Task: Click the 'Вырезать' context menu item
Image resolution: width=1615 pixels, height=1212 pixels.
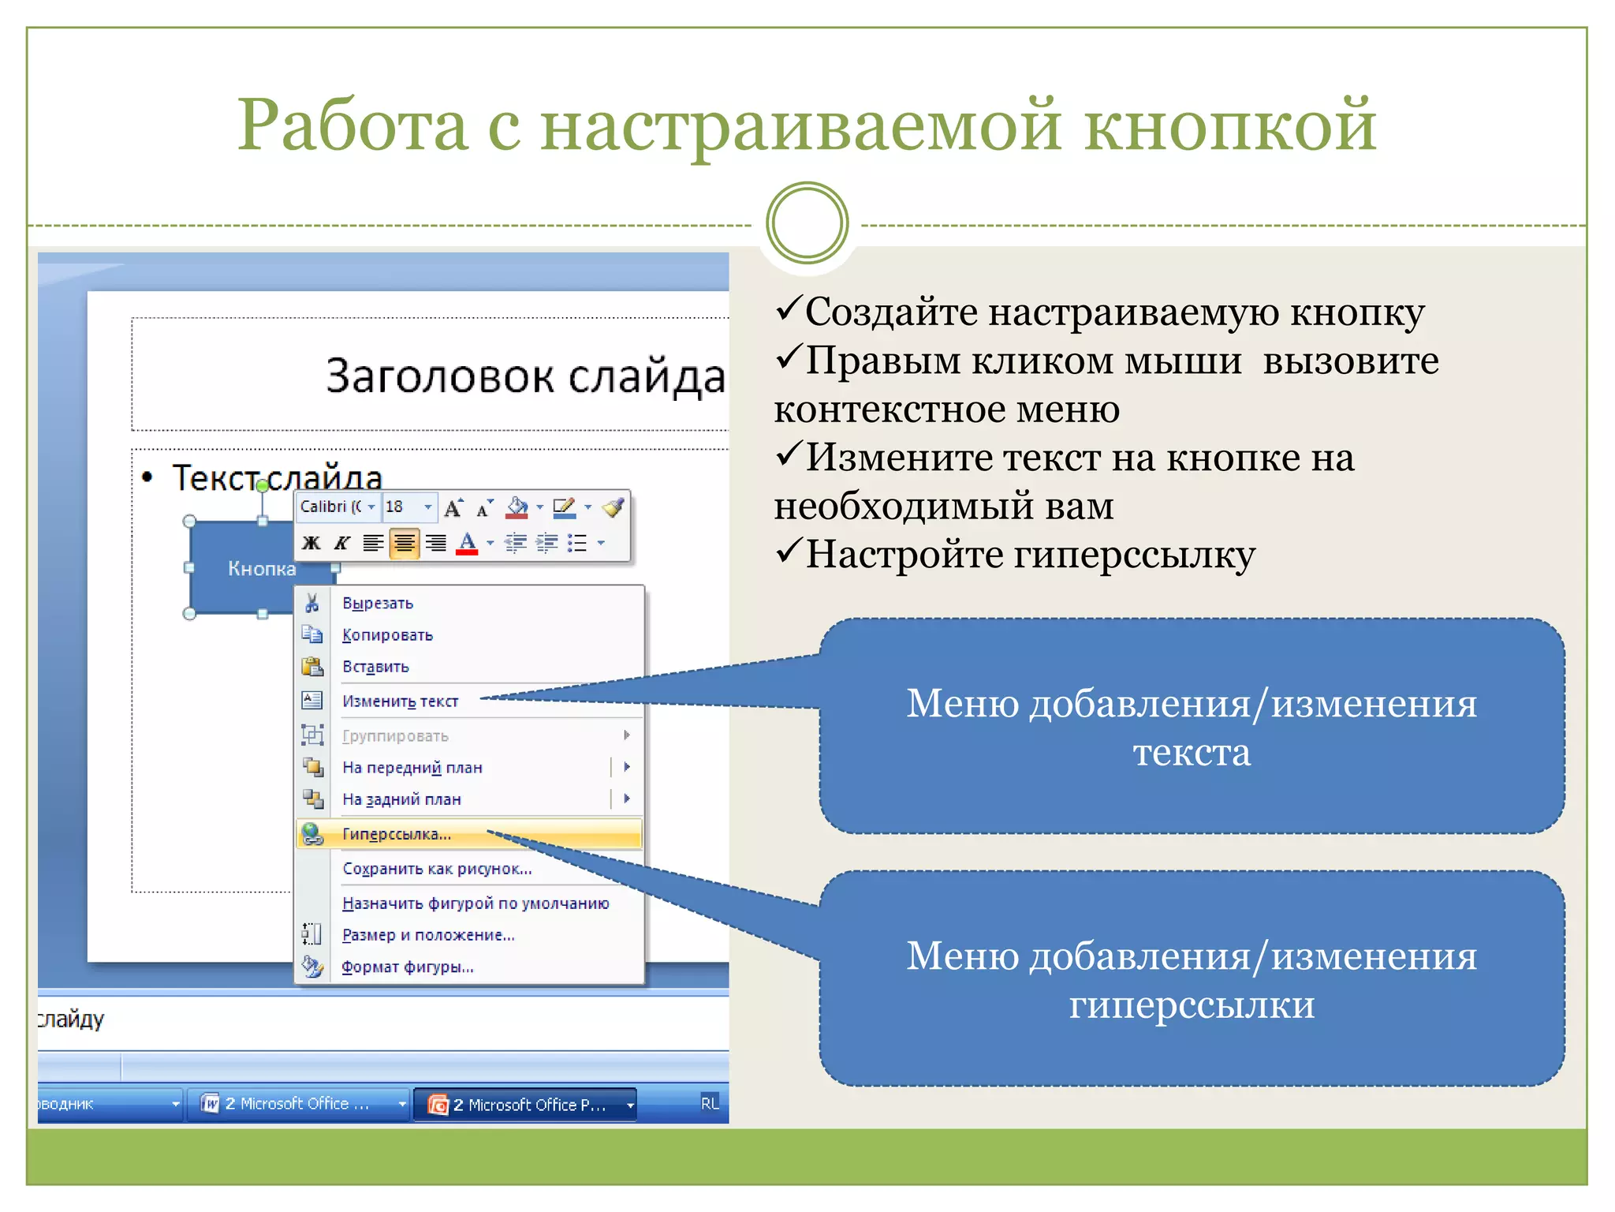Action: click(378, 604)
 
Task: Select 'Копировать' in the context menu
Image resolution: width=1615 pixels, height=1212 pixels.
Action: click(387, 635)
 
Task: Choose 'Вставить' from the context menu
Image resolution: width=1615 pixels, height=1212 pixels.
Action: click(375, 667)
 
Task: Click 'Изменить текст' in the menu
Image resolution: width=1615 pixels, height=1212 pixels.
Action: click(400, 701)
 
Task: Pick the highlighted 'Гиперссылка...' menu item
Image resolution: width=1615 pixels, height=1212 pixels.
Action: click(397, 834)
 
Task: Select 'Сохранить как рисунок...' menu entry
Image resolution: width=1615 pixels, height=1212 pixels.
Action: click(437, 869)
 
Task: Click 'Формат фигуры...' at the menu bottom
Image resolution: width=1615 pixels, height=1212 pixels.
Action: click(407, 967)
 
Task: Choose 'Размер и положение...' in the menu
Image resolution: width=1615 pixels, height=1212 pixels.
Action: click(428, 935)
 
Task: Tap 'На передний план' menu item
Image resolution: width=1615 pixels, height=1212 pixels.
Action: click(412, 768)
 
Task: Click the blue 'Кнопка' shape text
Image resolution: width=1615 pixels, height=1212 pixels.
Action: click(261, 568)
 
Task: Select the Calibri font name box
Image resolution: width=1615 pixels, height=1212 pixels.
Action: click(331, 507)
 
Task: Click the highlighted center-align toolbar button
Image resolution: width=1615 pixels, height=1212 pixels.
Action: click(405, 543)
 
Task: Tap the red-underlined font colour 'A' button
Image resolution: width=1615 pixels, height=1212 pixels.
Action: click(467, 543)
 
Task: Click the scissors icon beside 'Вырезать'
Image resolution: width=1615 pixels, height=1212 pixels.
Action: click(312, 604)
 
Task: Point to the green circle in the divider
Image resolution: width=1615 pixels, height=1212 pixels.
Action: click(807, 223)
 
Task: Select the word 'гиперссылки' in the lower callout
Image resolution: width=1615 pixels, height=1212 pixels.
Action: click(1192, 1004)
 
